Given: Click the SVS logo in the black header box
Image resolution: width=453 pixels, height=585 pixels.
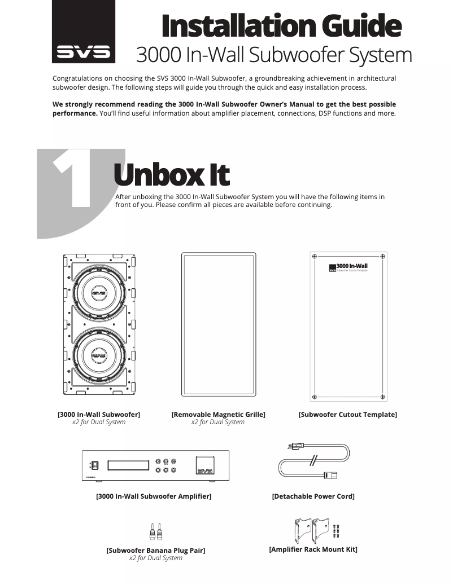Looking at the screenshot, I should coord(84,54).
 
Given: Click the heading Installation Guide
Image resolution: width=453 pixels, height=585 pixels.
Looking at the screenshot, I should coord(281,26).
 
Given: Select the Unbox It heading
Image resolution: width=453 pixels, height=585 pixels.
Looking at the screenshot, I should coord(171,175).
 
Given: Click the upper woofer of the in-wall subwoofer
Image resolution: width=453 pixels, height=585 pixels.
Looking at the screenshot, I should coord(99,293).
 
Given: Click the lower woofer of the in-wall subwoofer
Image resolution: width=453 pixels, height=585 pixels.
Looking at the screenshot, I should coord(99,357).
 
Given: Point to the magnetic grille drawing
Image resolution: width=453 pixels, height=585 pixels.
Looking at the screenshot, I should coord(218,324).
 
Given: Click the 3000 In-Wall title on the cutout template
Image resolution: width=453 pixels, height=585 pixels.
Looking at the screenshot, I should coord(351,266).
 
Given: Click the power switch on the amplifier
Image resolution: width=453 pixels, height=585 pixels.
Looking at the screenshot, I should coord(95,465).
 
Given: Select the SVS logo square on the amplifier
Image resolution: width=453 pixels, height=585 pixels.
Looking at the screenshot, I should coord(204,465).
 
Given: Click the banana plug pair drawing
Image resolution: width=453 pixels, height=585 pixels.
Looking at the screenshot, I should coord(155,531).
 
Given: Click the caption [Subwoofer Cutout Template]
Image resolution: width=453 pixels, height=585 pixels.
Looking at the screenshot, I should coord(347,415).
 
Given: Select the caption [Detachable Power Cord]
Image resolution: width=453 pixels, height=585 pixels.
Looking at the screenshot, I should coord(313,496).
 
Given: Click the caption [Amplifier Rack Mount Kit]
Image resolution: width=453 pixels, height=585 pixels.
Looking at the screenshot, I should coord(313,549).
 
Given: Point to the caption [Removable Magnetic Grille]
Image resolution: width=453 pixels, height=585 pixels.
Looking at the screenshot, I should coord(218,415).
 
